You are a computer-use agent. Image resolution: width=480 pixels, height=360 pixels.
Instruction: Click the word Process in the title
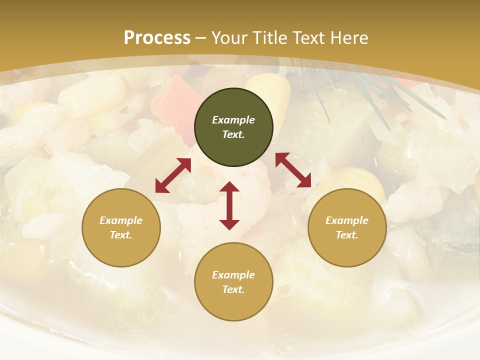coord(157,38)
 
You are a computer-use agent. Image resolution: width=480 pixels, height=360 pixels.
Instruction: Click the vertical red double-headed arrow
coord(229,205)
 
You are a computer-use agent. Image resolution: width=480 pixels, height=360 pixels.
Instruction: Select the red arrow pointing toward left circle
coord(173,175)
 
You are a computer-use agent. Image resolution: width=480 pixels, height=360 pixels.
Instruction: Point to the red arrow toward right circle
coord(293,170)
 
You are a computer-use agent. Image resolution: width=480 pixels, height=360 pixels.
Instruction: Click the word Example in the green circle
coord(233,120)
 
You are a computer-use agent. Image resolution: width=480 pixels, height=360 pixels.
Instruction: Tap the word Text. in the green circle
coord(233,134)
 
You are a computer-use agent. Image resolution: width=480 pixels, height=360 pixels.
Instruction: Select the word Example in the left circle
coord(121,220)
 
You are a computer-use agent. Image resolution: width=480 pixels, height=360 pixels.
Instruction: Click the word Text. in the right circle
coord(347,235)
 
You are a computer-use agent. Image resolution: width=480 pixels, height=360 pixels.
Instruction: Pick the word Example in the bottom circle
coord(233,275)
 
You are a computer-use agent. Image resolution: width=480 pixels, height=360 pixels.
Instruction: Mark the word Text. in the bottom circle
coord(233,289)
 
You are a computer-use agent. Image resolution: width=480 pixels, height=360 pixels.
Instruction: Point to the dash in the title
coord(201,38)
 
